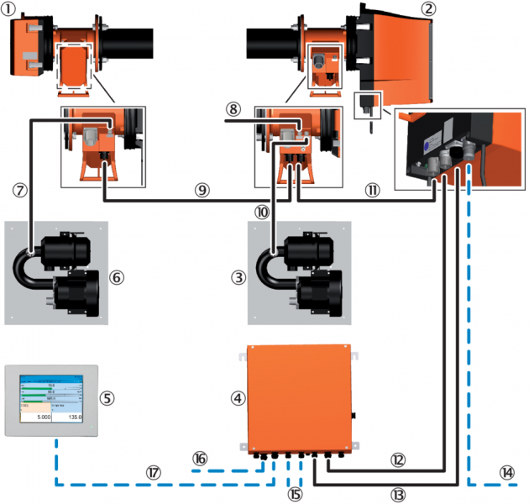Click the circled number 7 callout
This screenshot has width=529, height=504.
(x=23, y=188)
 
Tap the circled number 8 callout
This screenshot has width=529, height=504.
(x=233, y=109)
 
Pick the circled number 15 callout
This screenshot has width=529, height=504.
(x=294, y=491)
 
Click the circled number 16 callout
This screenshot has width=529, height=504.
(x=200, y=458)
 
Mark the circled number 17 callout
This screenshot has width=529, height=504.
(x=153, y=473)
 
